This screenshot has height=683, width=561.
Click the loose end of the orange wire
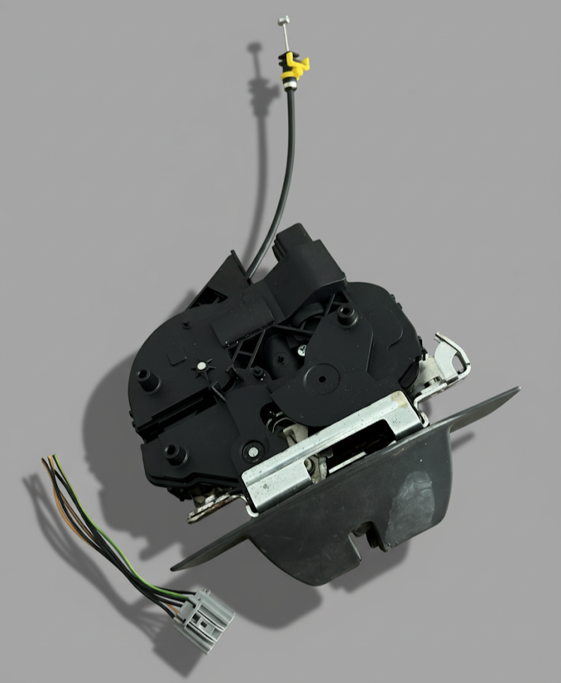tap(50, 457)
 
